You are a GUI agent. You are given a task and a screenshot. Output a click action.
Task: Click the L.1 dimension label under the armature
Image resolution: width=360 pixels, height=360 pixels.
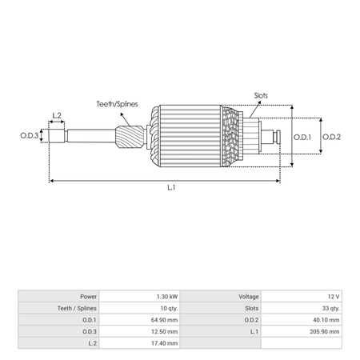coord(171,188)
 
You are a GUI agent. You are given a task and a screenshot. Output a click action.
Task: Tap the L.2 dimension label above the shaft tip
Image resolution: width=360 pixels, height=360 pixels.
coord(57,116)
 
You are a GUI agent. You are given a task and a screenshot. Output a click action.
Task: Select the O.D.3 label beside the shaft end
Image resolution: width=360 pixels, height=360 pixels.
coord(30,135)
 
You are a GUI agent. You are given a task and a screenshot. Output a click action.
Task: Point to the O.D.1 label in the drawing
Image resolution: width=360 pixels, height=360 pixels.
coord(302,137)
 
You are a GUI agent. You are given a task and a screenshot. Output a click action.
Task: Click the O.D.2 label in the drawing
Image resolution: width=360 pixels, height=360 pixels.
coord(331,137)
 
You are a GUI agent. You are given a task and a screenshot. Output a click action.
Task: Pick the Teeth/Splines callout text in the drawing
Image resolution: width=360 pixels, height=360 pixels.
coord(117,104)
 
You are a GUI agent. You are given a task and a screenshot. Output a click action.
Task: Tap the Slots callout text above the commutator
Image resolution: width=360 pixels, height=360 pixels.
coord(261,95)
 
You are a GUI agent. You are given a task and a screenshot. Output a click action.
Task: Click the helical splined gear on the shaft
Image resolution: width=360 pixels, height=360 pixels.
coord(130,138)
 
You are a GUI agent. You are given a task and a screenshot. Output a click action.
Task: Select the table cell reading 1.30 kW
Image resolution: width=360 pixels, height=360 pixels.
coord(167,297)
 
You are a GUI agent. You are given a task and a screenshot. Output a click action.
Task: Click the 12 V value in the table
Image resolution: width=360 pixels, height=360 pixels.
coord(334,297)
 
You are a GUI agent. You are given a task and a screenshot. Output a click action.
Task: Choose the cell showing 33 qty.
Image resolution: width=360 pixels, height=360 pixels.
coord(330,308)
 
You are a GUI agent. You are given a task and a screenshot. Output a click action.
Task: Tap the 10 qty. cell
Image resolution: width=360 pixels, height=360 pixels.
coord(169,308)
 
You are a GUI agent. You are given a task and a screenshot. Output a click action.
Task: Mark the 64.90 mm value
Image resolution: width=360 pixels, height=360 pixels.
coord(164,320)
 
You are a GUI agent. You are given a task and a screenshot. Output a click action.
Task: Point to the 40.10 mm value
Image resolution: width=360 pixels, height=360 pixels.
coord(326,320)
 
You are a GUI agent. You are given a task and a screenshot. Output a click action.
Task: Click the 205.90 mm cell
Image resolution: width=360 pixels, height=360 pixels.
coord(325,332)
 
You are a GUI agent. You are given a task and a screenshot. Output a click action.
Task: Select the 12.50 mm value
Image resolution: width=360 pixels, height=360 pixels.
coord(164,332)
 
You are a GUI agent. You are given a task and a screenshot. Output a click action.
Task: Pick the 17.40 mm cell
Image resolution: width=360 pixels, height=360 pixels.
coord(164,343)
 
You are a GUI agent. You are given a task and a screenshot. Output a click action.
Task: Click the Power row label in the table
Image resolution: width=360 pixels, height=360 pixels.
coord(89,297)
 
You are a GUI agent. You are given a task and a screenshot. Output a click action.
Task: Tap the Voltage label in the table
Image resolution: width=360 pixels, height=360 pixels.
coord(249,297)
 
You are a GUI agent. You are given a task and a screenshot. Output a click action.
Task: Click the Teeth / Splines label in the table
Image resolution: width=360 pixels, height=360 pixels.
coord(77,308)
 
